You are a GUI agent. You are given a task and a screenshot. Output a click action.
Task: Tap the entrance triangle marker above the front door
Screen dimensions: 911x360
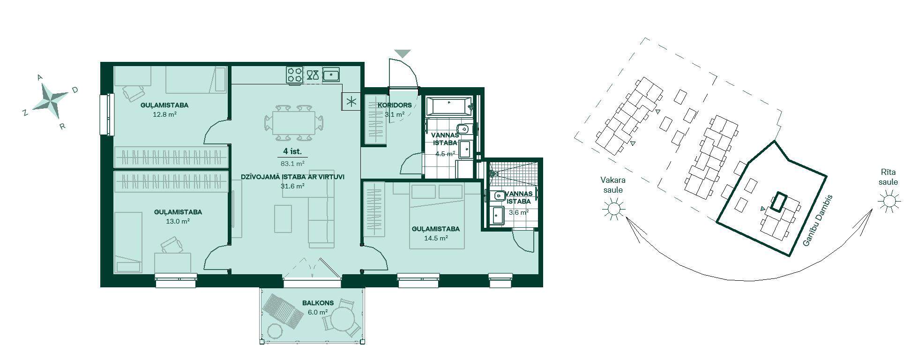click(x=403, y=53)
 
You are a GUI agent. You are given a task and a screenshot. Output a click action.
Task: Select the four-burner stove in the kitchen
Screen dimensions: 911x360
click(x=295, y=75)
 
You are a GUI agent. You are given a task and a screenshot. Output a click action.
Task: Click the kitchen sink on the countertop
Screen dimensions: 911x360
click(x=331, y=75)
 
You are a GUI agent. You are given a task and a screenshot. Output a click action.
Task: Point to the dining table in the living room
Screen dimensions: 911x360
click(x=295, y=122)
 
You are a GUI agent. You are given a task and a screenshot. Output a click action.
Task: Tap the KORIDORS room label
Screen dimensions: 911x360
click(x=395, y=105)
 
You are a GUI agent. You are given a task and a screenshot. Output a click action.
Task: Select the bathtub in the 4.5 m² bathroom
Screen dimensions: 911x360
click(x=449, y=106)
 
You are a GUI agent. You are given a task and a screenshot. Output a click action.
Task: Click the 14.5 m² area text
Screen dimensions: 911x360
click(x=436, y=238)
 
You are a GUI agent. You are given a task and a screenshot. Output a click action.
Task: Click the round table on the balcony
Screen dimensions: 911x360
click(x=344, y=321)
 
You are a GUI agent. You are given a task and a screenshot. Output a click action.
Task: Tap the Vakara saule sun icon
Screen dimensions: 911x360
click(x=613, y=208)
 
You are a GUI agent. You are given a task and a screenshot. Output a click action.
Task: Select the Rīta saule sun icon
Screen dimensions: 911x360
click(x=889, y=201)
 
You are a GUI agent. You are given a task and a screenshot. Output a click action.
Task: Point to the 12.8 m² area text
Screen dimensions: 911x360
click(x=164, y=114)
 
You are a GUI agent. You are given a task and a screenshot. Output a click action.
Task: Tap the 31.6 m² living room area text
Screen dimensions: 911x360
click(x=292, y=186)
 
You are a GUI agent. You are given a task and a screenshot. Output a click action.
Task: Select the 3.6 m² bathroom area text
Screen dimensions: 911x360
click(x=519, y=212)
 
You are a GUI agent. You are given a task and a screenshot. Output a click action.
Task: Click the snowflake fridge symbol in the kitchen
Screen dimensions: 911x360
click(x=351, y=101)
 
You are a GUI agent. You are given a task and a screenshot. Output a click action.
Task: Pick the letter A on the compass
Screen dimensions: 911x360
click(x=40, y=77)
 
